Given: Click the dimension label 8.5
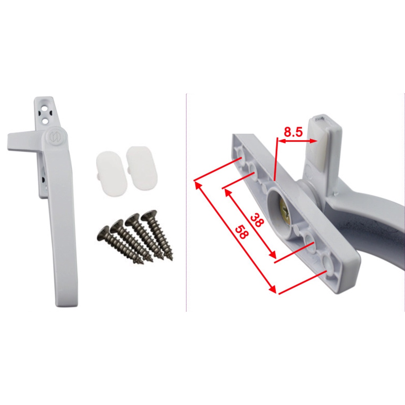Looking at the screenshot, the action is pos(293,132).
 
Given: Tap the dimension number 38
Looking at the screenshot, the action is pos(256,220).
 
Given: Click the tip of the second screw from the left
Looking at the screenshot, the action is pos(151,260).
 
